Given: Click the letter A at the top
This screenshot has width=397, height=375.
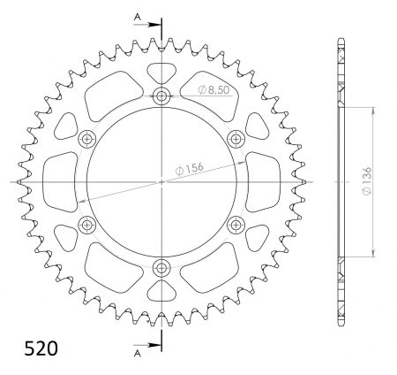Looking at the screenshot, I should click(137, 17).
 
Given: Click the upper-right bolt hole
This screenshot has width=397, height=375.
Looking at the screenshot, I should click(236, 139).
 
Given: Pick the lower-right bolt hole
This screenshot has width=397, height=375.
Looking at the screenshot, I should click(236, 225).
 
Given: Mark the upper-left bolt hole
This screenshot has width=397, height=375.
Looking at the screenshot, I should click(87, 139).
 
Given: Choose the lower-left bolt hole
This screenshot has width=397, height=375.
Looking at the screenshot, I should click(87, 225).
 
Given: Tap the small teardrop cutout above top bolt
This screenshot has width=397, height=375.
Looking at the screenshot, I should click(161, 73).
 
